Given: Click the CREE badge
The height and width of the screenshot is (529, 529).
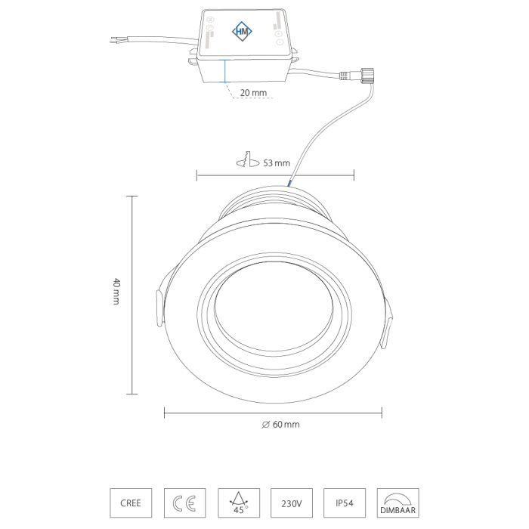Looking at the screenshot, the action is click(x=131, y=503).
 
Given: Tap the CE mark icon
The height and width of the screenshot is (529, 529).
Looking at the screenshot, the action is click(x=184, y=503).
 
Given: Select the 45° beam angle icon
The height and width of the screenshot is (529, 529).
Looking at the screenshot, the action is click(x=239, y=503).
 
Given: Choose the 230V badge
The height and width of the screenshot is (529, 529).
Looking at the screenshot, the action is click(x=292, y=503).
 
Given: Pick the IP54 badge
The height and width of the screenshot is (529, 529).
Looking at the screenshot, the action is click(x=345, y=503).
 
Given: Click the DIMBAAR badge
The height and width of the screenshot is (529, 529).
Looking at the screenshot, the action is click(x=398, y=503).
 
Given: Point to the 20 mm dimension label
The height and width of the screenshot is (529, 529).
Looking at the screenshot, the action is click(x=253, y=92).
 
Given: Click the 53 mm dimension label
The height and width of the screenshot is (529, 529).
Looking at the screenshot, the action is click(x=277, y=163).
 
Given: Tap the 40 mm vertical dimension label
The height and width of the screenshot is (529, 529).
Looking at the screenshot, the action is click(x=116, y=291).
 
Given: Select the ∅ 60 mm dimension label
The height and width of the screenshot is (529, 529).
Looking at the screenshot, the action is click(x=280, y=425).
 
